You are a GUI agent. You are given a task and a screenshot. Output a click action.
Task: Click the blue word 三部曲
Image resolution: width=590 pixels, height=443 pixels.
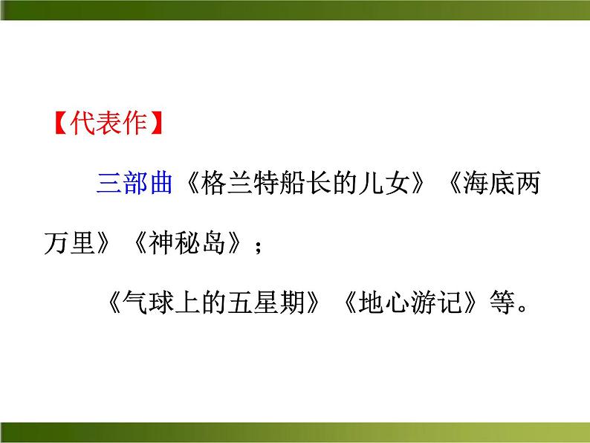(134, 183)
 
